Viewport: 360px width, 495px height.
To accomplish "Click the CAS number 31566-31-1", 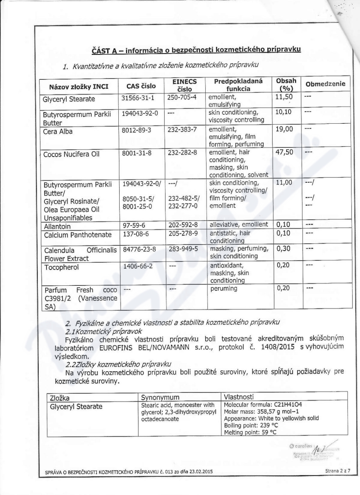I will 138,97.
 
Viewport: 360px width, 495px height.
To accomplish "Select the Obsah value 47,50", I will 283,152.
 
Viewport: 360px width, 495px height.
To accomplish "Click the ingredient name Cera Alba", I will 58,132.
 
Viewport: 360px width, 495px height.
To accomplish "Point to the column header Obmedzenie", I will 325,85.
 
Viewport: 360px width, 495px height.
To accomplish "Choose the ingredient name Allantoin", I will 58,225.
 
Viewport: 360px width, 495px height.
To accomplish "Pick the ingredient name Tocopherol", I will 60,267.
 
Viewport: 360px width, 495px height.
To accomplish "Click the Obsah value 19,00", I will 283,129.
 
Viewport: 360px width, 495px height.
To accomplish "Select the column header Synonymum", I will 160,398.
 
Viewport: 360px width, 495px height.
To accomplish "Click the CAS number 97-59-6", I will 134,225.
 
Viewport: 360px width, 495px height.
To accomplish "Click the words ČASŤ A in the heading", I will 105,50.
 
